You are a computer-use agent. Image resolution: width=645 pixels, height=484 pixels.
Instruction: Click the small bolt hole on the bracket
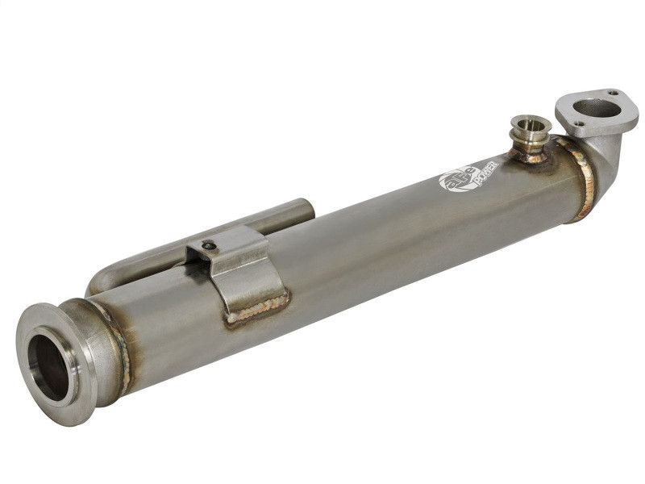coord(210,246)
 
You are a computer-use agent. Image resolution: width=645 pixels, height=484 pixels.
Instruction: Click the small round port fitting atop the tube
coord(531,131)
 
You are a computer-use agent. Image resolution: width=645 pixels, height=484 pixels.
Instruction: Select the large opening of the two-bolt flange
coord(597,108)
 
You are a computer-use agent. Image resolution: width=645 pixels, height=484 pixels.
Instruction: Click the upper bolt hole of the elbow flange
coord(613,93)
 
